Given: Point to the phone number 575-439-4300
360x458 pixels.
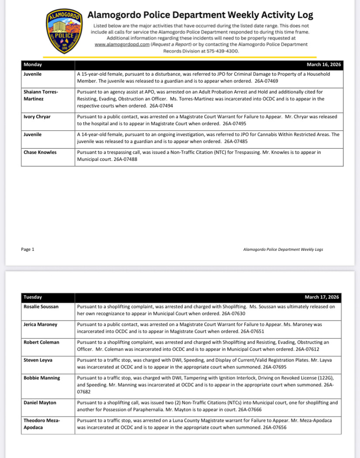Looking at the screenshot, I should pos(223,51).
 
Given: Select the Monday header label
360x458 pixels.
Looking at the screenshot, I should pos(33,65).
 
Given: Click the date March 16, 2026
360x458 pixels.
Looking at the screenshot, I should pos(324,65).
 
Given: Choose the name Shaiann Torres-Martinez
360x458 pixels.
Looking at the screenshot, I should pos(41,95).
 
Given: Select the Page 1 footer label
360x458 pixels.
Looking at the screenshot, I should pos(27,250).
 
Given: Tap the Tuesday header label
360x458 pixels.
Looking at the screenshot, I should pos(33,297).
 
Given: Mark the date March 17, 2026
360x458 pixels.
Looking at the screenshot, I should pos(322,297).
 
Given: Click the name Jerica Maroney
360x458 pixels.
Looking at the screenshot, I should pos(40,325).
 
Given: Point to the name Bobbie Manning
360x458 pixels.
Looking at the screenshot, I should pos(42,378).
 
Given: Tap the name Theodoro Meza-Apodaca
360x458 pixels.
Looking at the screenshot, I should pos(41,424).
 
